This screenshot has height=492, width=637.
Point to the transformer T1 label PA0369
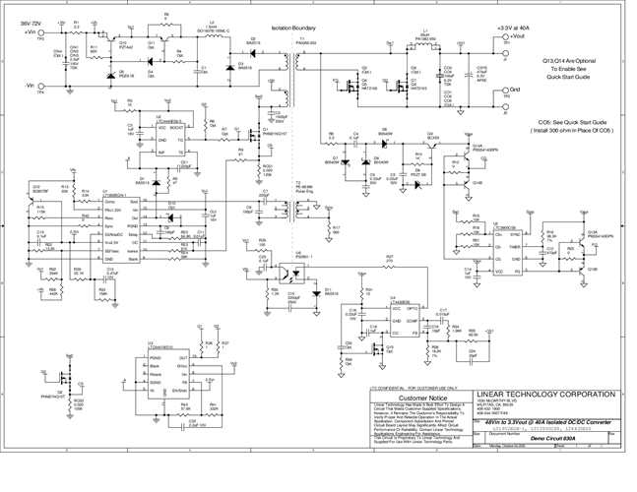tap(292, 44)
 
